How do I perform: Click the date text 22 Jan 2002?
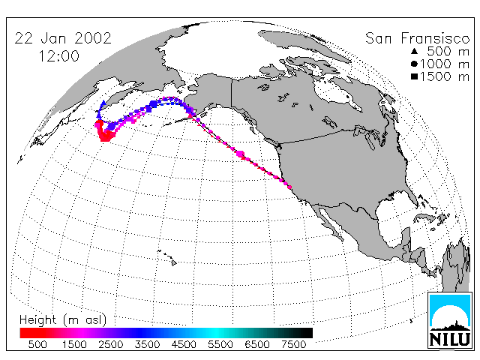(63, 38)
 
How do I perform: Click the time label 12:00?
(58, 56)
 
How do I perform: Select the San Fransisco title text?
(418, 38)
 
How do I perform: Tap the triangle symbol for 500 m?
(414, 51)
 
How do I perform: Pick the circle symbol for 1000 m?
(414, 64)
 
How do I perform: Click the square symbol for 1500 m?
(414, 76)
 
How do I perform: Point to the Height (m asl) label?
(63, 320)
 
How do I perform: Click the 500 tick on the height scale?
(37, 345)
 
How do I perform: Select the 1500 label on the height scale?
(74, 345)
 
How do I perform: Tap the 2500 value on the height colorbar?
(110, 345)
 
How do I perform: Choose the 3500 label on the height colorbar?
(147, 345)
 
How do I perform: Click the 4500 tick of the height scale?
(184, 345)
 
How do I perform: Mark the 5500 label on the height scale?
(220, 345)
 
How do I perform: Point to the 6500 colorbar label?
(257, 345)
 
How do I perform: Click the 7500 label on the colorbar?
(293, 345)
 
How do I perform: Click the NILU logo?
(450, 320)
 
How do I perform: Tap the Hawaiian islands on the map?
(167, 257)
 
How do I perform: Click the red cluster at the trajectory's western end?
(103, 131)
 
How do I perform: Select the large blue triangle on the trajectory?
(103, 103)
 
